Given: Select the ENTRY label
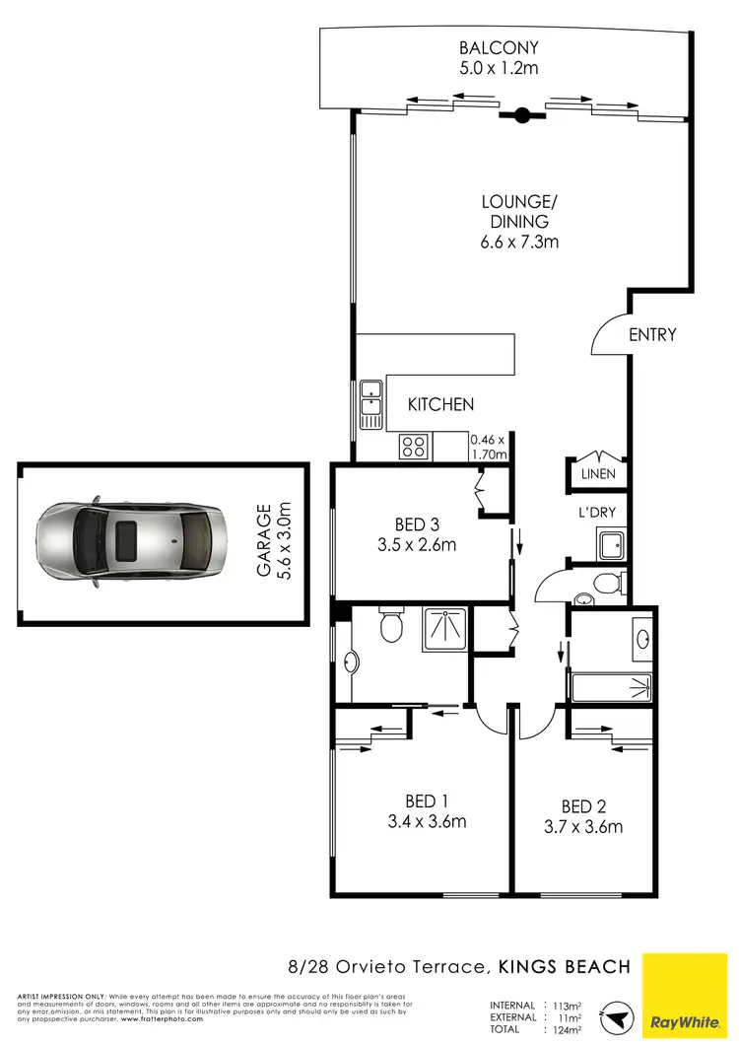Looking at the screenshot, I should tap(652, 335).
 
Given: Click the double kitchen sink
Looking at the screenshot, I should tap(370, 404).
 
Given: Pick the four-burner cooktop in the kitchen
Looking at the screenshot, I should tap(412, 447).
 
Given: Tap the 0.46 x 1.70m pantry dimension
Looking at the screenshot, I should tap(488, 448).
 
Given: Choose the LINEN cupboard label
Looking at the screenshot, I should tap(598, 474).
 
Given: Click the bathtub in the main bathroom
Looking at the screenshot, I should tap(611, 687).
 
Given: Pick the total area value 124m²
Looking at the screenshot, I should tap(569, 1029).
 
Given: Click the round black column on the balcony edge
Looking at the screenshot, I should tap(522, 114).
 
